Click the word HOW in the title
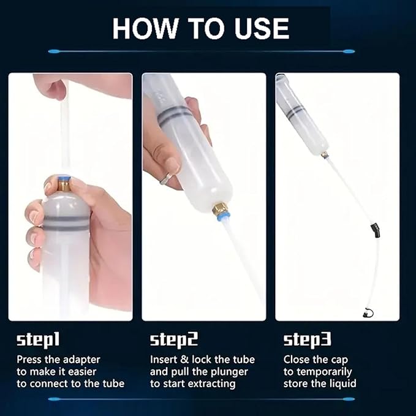(x=145, y=29)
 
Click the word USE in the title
(x=262, y=29)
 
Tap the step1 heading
(x=38, y=341)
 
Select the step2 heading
(x=174, y=341)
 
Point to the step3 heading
(x=307, y=341)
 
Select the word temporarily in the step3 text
(x=324, y=373)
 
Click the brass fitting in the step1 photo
(x=64, y=186)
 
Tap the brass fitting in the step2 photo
(x=219, y=207)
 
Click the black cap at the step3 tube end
(x=368, y=313)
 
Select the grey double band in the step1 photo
(x=66, y=223)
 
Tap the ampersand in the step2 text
(x=184, y=360)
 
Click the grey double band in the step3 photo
(x=295, y=111)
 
